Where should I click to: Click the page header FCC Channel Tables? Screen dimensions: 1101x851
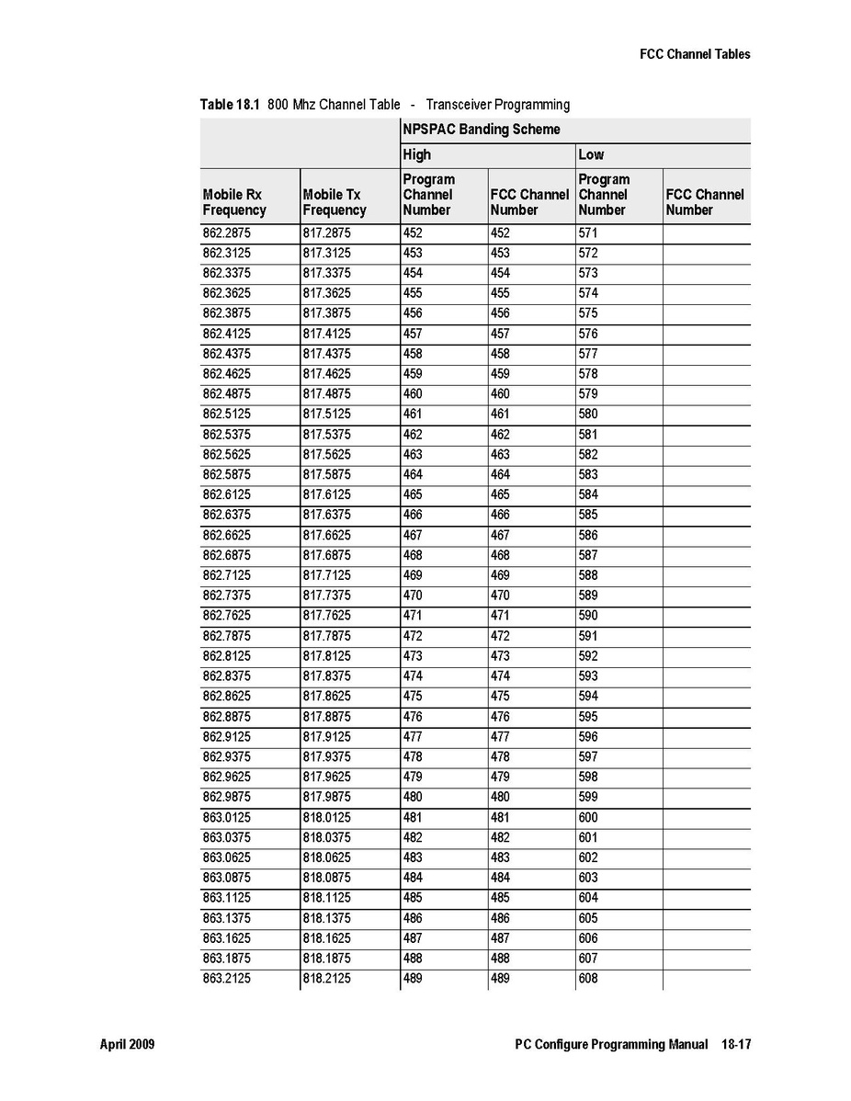(x=695, y=54)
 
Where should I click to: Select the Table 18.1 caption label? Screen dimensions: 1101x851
(x=230, y=105)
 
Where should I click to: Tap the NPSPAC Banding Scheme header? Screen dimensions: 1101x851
(x=481, y=130)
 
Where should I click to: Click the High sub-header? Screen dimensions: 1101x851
(x=416, y=154)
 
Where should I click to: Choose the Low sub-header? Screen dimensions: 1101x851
(x=591, y=154)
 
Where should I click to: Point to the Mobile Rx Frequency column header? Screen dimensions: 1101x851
(x=234, y=202)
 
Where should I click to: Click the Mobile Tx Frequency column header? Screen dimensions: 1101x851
(x=335, y=202)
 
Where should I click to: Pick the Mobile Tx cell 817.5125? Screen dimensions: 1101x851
(x=326, y=414)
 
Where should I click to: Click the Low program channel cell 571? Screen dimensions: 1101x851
(x=588, y=233)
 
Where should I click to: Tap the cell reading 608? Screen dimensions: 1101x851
(x=588, y=979)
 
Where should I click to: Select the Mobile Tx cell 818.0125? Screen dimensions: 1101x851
(x=326, y=818)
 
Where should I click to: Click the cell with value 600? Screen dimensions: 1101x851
(x=588, y=818)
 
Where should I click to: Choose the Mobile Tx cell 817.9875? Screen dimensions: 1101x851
(x=326, y=798)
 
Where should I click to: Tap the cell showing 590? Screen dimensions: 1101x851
(x=588, y=616)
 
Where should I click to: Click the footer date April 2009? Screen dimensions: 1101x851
(x=127, y=1045)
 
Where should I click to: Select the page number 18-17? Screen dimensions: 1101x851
(x=734, y=1045)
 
